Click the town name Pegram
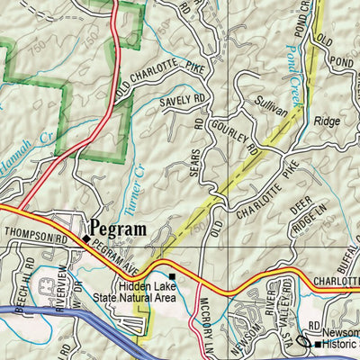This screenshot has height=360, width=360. click(118, 229)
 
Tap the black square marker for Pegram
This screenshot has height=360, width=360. click(86, 239)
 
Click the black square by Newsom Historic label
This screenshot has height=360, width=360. click(317, 343)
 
